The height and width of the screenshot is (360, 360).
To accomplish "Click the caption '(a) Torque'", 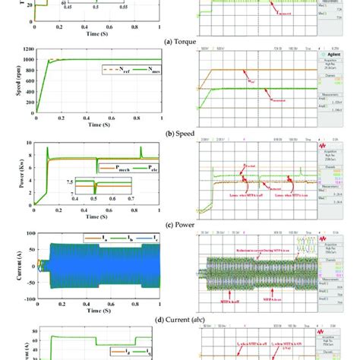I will tap(180, 42).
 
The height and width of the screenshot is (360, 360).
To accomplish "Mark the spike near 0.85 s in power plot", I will tap(141, 150).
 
